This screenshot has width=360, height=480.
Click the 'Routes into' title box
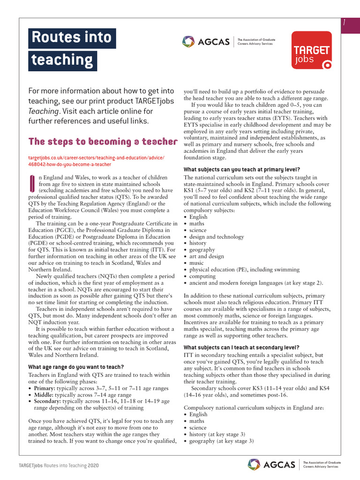pos(71,37)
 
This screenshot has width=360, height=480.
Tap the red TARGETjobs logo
pos(311,51)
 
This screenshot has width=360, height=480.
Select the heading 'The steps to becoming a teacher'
pos(103,142)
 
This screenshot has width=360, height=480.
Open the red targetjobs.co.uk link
pos(97,161)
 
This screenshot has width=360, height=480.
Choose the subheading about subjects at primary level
pos(242,169)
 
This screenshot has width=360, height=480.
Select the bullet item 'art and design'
pos(206,256)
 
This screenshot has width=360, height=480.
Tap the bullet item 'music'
pos(197,263)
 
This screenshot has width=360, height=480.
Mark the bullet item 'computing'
pos(203,276)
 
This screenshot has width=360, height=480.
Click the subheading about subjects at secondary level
pos(241,347)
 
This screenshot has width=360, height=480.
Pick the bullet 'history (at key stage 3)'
pos(217,434)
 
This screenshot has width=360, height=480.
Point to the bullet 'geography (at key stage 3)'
pos(221,441)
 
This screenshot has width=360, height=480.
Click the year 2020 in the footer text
pos(93,465)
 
